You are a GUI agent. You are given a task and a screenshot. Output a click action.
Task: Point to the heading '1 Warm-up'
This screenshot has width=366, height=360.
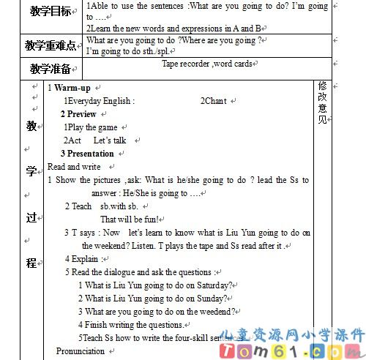(x=69, y=88)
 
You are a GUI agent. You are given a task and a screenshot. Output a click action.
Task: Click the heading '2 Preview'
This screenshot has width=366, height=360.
(x=78, y=114)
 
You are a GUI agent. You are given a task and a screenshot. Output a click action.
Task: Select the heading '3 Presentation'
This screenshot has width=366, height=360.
(x=87, y=154)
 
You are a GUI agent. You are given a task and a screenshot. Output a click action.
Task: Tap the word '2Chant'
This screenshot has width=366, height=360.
(x=213, y=101)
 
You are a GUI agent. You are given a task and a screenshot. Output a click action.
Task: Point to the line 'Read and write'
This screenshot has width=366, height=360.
(x=74, y=167)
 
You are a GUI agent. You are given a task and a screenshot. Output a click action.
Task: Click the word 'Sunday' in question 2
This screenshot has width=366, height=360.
(x=211, y=299)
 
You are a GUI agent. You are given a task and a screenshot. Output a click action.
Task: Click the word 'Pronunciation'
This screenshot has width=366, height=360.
(x=81, y=351)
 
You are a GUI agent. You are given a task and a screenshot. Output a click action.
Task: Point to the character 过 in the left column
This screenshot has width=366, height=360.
(x=31, y=217)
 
